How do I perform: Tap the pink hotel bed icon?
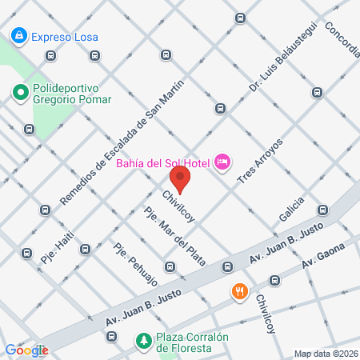click(x=223, y=163)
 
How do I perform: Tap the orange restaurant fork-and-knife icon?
click(x=238, y=292)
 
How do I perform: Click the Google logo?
click(x=26, y=350)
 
